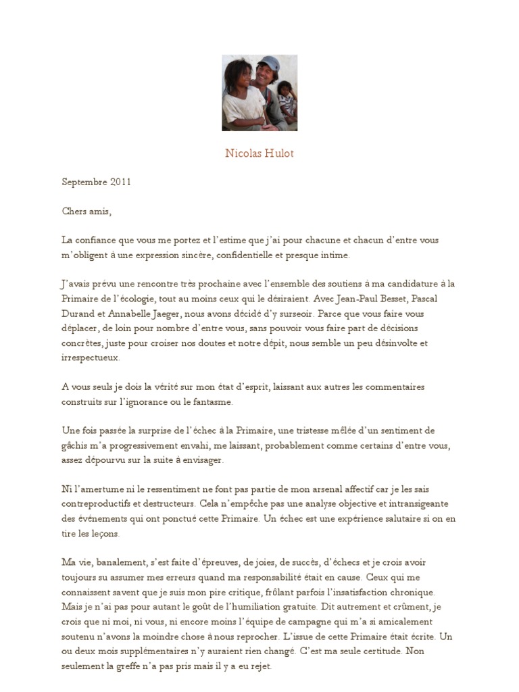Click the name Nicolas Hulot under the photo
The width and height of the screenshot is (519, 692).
[259, 153]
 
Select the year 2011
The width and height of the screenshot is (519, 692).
[120, 182]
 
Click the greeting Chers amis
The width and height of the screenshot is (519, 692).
[86, 211]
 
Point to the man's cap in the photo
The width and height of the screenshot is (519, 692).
[268, 61]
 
